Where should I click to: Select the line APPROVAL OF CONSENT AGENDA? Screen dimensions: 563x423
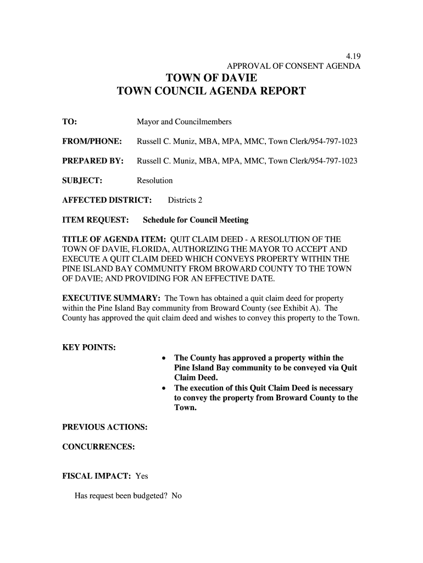(294, 67)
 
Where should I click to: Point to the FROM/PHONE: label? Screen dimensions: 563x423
(91, 141)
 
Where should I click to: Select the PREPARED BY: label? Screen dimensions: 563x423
(92, 161)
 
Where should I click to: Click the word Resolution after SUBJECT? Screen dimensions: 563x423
(154, 180)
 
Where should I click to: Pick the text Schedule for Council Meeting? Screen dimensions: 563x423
(196, 220)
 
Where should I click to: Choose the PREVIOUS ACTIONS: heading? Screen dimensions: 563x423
(104, 427)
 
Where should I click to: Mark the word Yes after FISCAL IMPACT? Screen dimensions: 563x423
(142, 476)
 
